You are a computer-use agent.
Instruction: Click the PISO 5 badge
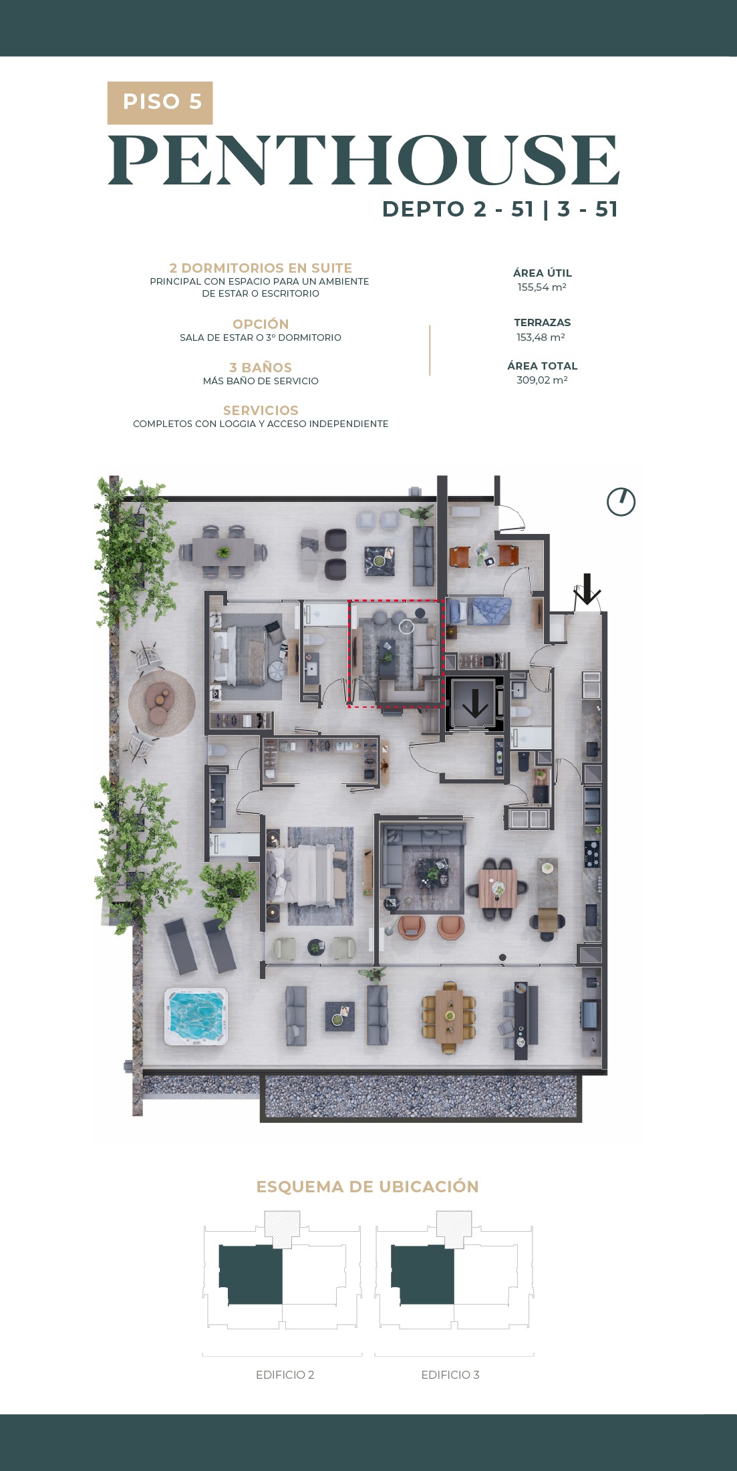(x=160, y=103)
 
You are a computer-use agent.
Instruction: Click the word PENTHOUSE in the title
(x=364, y=160)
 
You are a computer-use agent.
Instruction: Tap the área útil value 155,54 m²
(x=542, y=287)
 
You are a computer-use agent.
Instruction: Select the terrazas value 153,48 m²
(x=541, y=338)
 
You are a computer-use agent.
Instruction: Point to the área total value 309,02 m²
(x=542, y=380)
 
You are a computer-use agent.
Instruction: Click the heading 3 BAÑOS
(x=261, y=368)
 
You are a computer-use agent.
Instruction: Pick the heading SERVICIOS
(x=261, y=410)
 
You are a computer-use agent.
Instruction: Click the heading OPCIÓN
(x=261, y=324)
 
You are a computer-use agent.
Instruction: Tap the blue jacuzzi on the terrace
(x=196, y=1017)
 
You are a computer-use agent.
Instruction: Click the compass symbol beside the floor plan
(x=621, y=502)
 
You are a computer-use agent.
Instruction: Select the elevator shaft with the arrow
(x=475, y=704)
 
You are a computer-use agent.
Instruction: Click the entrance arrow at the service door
(x=587, y=589)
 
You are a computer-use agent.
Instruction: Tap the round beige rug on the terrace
(x=162, y=703)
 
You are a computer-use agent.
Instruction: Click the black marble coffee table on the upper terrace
(x=379, y=561)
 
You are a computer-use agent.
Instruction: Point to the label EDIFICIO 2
(x=285, y=1375)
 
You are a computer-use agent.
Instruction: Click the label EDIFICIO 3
(x=450, y=1375)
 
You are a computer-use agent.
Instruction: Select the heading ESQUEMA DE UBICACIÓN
(x=367, y=1187)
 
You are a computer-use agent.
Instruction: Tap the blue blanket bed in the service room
(x=479, y=612)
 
